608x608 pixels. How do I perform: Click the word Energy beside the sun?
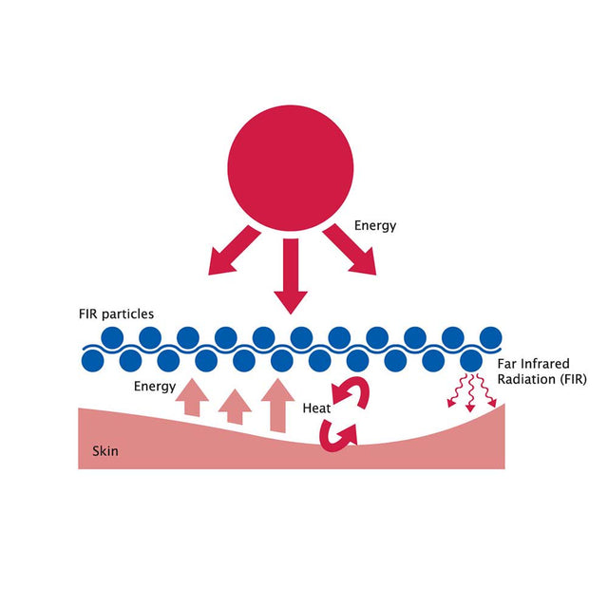click(x=374, y=226)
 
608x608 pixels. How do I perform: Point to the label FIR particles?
click(x=117, y=313)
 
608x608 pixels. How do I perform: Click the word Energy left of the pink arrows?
click(x=155, y=386)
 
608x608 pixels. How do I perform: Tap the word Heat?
click(x=316, y=408)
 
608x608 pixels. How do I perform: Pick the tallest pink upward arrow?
click(x=277, y=405)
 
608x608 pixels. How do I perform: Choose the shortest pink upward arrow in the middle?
click(x=235, y=406)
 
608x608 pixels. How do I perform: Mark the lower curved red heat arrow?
click(x=338, y=433)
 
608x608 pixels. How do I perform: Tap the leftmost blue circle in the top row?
click(x=112, y=337)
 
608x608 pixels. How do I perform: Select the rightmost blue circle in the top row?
click(x=491, y=337)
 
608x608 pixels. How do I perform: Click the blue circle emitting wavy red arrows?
click(x=471, y=360)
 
